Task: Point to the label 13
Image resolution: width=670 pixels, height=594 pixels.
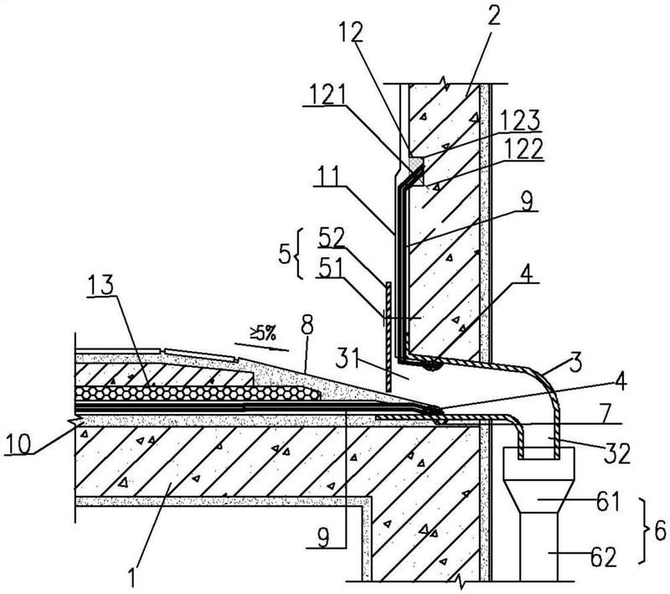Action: pos(101,285)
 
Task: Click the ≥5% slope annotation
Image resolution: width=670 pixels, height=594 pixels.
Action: pos(263,333)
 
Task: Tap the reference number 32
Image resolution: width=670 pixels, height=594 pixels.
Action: pos(617,453)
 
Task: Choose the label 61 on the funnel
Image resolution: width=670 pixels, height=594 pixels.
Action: pos(607,501)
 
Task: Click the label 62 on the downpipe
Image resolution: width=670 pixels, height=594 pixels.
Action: pos(604,557)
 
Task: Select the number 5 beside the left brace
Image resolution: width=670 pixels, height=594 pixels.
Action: pos(284,254)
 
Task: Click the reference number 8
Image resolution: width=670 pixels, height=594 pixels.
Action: pos(307,327)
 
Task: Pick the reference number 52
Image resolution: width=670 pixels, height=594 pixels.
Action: pos(331,239)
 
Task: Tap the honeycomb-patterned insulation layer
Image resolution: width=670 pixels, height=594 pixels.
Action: pos(197,393)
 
